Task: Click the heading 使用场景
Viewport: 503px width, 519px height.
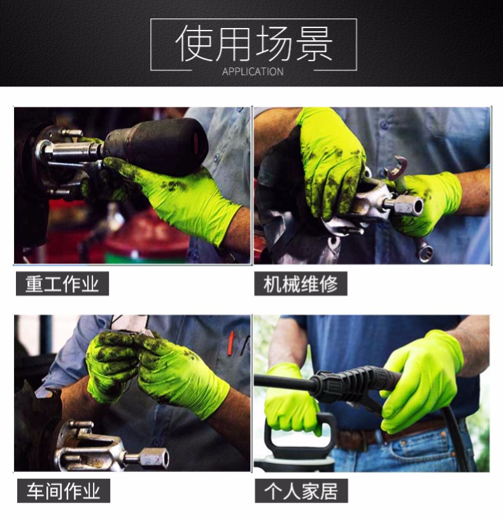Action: pyautogui.click(x=253, y=43)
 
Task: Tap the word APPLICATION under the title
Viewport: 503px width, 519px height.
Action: pyautogui.click(x=253, y=71)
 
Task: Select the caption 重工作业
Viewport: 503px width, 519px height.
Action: pyautogui.click(x=62, y=284)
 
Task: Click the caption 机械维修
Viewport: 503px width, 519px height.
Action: pyautogui.click(x=301, y=284)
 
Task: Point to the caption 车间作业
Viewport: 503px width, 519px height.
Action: pyautogui.click(x=63, y=491)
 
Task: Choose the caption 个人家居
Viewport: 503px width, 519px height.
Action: pyautogui.click(x=301, y=491)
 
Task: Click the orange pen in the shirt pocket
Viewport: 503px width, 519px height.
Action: pyautogui.click(x=230, y=343)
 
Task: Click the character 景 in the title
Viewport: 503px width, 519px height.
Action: pyautogui.click(x=314, y=43)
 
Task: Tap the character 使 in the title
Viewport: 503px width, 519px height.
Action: pyautogui.click(x=194, y=43)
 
